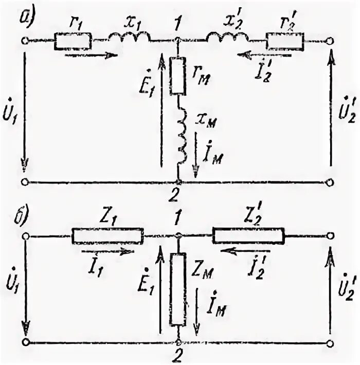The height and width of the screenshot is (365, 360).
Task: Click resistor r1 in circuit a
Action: [x=73, y=41]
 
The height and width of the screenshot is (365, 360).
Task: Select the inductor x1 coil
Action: [x=129, y=38]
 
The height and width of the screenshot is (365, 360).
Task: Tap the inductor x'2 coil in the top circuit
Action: [x=227, y=38]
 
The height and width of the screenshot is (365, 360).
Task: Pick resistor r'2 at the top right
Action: [x=285, y=41]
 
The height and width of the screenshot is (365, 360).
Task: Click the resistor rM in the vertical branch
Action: [x=177, y=76]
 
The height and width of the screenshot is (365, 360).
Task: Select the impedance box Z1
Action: [x=107, y=236]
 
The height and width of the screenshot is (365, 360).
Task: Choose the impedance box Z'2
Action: [x=249, y=236]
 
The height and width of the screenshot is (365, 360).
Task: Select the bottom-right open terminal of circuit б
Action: [x=330, y=342]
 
